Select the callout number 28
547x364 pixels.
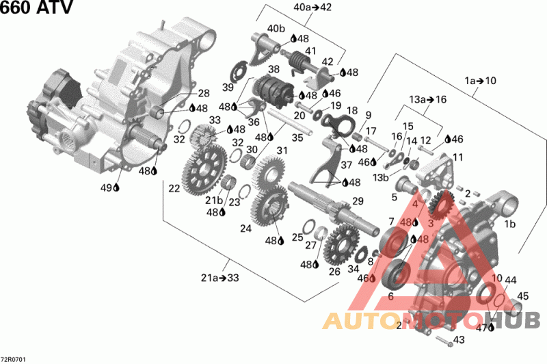point(204,93)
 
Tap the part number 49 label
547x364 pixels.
point(106,187)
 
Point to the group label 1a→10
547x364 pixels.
point(481,81)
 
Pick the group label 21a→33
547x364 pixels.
point(219,277)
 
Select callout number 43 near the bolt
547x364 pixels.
point(458,340)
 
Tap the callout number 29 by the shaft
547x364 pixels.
point(357,200)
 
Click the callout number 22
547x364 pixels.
point(174,187)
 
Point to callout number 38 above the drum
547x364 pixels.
point(274,69)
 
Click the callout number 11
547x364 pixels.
point(457,157)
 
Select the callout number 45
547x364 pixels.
point(522,296)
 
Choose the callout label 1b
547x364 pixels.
point(510,224)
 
